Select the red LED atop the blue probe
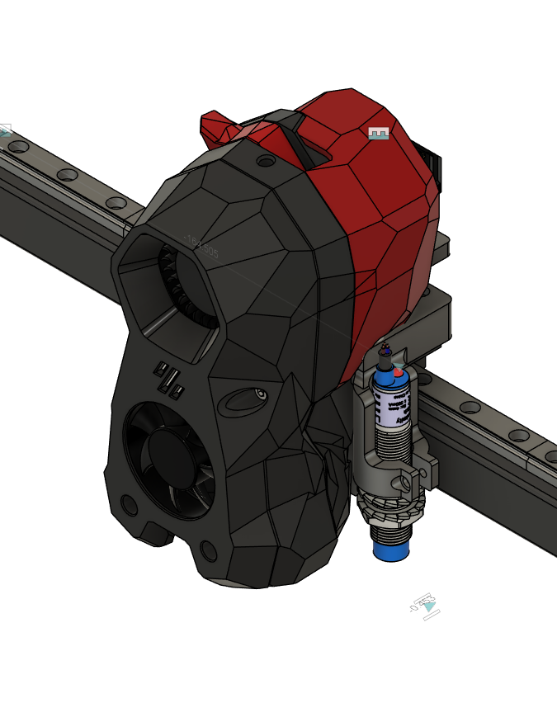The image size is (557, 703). tap(399, 373)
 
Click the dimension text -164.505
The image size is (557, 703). tap(201, 247)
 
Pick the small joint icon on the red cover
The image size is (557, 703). tap(378, 133)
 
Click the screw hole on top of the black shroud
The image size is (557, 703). tap(266, 161)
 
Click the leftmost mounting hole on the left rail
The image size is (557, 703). tap(18, 148)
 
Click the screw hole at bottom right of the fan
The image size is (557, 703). tap(208, 550)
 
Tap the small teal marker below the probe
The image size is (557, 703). tap(427, 606)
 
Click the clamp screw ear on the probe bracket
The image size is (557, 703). tap(407, 481)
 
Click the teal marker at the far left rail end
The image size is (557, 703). tap(4, 130)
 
